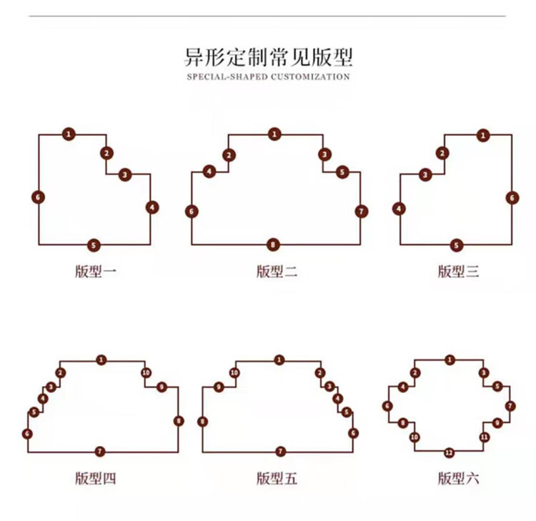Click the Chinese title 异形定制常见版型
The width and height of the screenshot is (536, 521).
tap(268, 57)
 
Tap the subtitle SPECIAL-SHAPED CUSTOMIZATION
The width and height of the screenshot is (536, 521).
tap(268, 76)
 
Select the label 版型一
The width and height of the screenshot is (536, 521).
tap(96, 272)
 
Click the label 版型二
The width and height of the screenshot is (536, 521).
tap(277, 272)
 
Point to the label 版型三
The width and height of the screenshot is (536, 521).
tap(458, 272)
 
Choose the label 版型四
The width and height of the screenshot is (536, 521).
tap(96, 478)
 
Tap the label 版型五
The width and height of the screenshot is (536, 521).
tap(277, 478)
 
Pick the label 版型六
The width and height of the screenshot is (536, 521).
tap(458, 478)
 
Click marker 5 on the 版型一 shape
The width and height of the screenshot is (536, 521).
tap(94, 245)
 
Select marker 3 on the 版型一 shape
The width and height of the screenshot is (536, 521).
tap(125, 175)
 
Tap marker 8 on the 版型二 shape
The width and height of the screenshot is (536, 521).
tap(273, 244)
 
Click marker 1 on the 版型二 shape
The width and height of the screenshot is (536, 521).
tap(274, 134)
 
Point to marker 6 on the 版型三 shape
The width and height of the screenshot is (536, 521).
tap(512, 197)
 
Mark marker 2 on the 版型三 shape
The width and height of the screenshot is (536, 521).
tap(442, 153)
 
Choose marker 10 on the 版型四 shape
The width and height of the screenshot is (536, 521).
tap(147, 372)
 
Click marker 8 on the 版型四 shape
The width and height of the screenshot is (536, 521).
tap(179, 421)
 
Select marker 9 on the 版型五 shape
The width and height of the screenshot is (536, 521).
tap(219, 387)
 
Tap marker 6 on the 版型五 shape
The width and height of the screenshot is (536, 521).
tap(354, 433)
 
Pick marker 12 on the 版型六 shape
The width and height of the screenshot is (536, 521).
tap(450, 453)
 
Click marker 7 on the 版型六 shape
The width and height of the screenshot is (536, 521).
tap(510, 406)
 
